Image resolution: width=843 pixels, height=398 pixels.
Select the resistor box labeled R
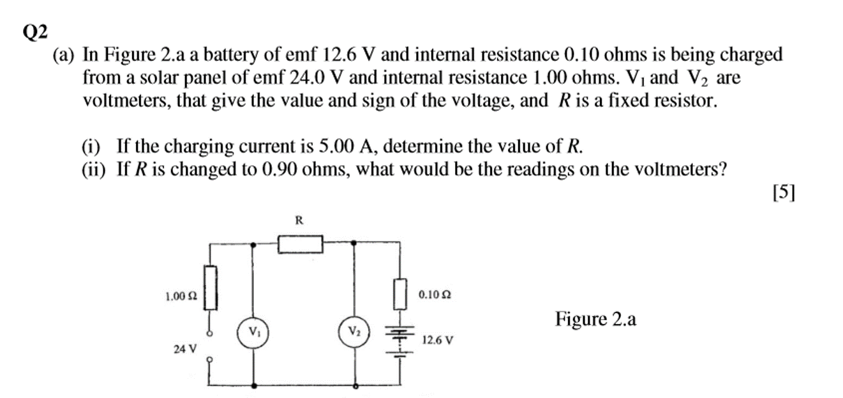pos(300,244)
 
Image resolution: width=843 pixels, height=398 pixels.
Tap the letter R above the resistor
pos(298,221)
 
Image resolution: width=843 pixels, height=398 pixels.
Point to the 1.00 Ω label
pos(180,296)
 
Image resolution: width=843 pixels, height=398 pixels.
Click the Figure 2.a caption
pos(595,318)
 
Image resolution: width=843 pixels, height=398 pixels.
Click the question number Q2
pos(36,32)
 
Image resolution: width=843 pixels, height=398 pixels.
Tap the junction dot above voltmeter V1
pos(255,244)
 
